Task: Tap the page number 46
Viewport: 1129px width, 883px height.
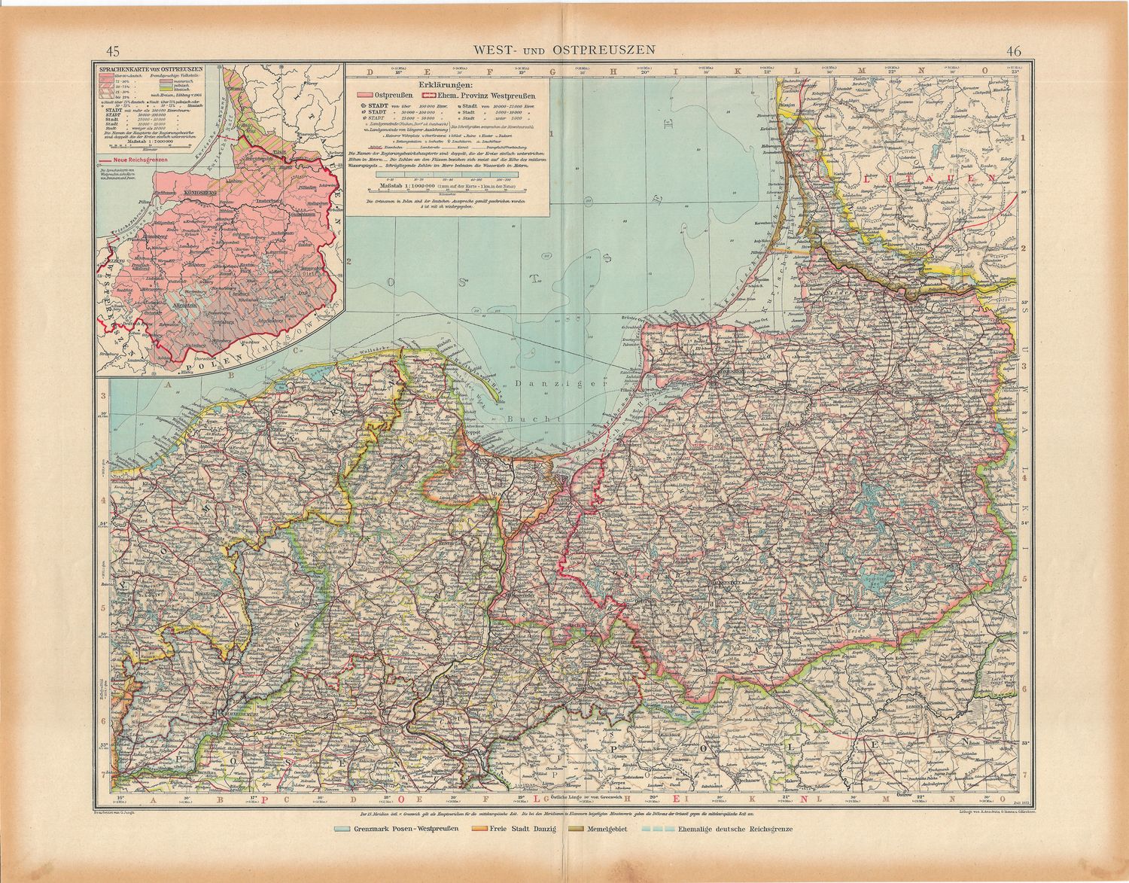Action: point(1012,51)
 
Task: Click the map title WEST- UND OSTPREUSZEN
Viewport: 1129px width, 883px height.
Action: point(564,50)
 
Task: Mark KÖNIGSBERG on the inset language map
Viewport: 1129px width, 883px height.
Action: point(199,193)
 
